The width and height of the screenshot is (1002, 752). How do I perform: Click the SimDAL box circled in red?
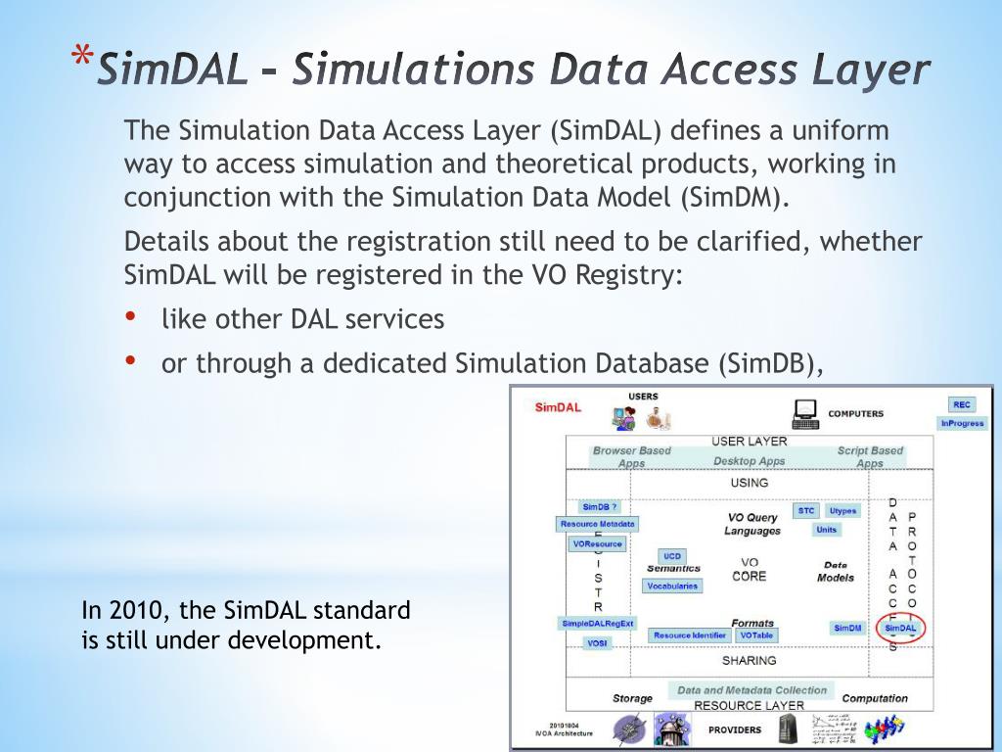pos(900,628)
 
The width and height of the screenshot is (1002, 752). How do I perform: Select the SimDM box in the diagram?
pos(847,628)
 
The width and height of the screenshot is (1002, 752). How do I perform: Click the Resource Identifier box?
pos(690,635)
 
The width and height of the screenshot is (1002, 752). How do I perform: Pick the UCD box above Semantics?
pos(672,556)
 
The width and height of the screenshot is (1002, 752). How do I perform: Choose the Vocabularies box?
pos(672,586)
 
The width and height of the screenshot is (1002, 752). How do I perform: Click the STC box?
pos(806,510)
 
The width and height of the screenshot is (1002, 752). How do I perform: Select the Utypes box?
pos(843,510)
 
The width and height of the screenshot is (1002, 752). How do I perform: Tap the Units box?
pos(827,530)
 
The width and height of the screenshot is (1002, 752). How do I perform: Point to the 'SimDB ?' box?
pos(600,507)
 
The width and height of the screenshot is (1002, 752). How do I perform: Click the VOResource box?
pos(598,543)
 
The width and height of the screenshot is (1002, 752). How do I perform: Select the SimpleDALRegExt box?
pos(598,624)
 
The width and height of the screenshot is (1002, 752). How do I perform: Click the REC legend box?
pos(962,405)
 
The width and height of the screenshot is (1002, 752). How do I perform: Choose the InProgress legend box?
pos(962,424)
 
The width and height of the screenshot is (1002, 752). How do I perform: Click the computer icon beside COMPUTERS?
pos(805,414)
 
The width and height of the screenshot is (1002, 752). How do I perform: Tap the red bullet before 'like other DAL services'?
pos(131,316)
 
